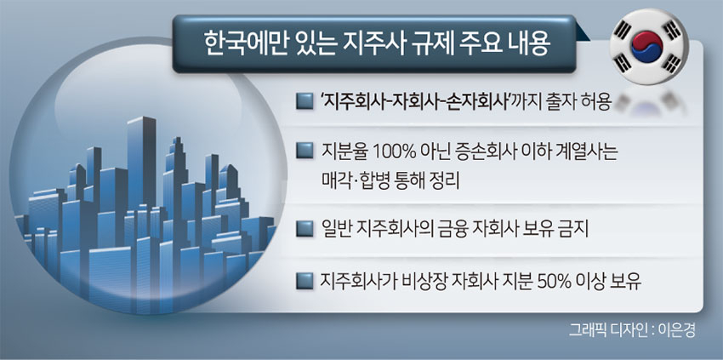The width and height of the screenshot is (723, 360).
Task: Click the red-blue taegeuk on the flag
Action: coord(647,48)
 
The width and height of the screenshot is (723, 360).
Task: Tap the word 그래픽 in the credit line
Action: coord(587,330)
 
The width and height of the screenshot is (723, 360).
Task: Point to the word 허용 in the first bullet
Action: coord(598,101)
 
